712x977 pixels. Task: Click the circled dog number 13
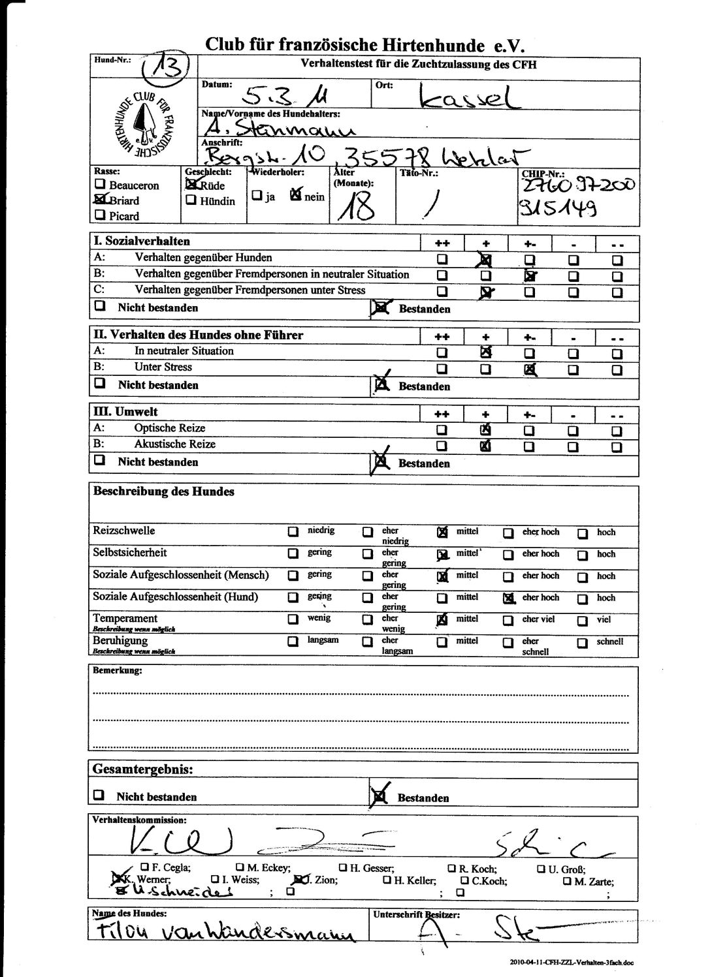click(x=166, y=65)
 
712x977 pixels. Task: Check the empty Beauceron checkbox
click(x=100, y=185)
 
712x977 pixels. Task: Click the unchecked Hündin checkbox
click(x=191, y=200)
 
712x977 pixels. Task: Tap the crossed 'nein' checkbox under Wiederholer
click(x=296, y=194)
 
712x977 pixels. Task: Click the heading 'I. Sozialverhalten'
click(x=141, y=241)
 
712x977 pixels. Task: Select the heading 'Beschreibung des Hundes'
click(x=163, y=491)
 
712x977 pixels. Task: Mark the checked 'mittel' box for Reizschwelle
click(x=442, y=532)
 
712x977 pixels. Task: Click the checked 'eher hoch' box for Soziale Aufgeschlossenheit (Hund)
click(x=509, y=598)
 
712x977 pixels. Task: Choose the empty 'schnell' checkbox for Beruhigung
click(x=582, y=642)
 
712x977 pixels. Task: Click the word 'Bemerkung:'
click(x=118, y=670)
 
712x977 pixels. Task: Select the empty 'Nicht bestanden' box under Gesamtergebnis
click(x=99, y=796)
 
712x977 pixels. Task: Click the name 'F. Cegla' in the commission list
click(x=170, y=868)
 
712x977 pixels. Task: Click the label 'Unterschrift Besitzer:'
click(x=416, y=914)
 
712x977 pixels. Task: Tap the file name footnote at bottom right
click(x=571, y=962)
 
